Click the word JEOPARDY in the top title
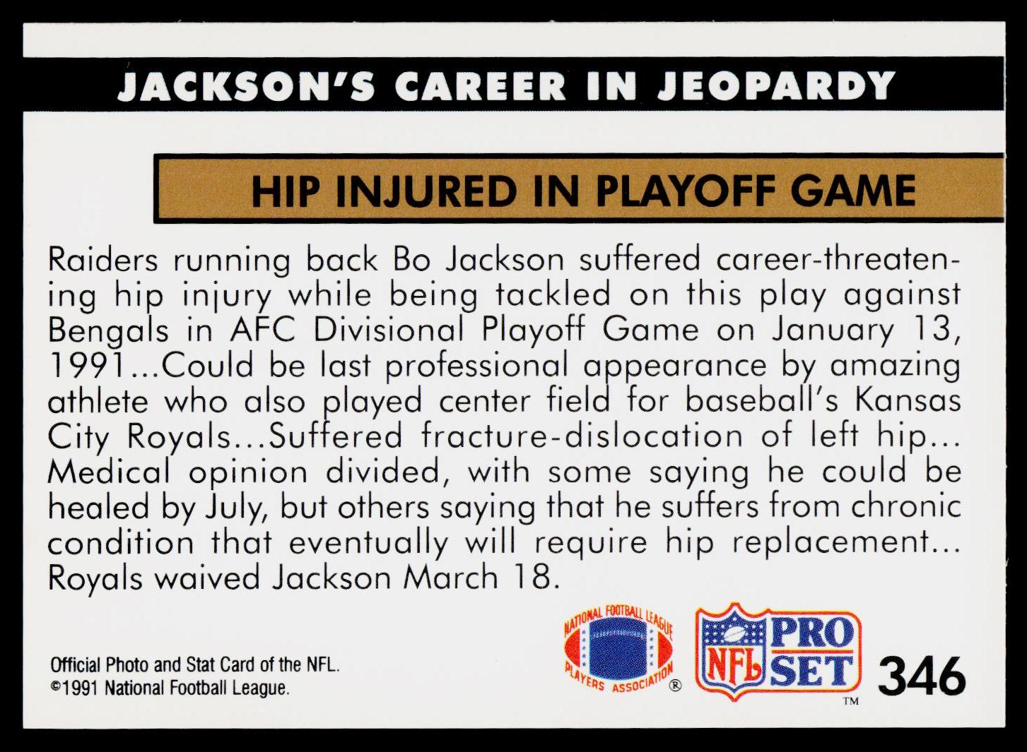tap(776, 85)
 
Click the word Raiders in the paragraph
tap(103, 260)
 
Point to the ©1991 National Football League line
tap(170, 688)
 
